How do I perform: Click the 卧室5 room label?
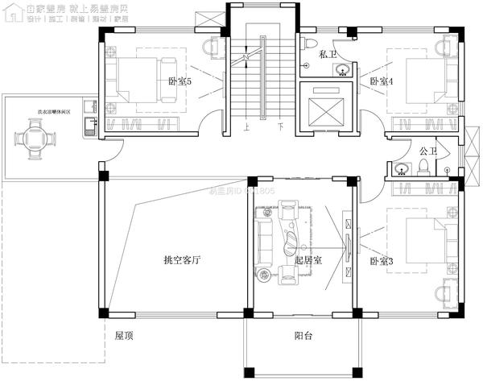(x=180, y=81)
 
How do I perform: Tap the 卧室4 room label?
(x=381, y=81)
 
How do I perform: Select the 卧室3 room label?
(x=381, y=262)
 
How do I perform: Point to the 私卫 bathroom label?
(x=327, y=54)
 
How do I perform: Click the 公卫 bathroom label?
(x=427, y=151)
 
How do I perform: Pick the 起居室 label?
(x=308, y=260)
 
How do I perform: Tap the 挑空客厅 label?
(x=181, y=260)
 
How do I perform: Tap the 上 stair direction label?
(x=246, y=127)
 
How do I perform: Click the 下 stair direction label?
(x=280, y=127)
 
